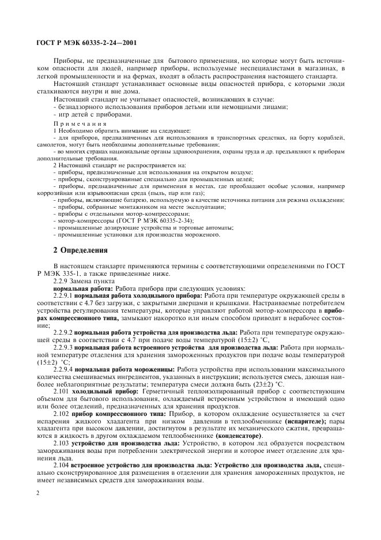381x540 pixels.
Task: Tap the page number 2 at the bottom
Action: [38, 493]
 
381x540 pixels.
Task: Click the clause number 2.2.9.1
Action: [62, 295]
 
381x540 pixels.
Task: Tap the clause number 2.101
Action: [61, 391]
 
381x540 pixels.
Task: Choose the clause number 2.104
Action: [61, 464]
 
